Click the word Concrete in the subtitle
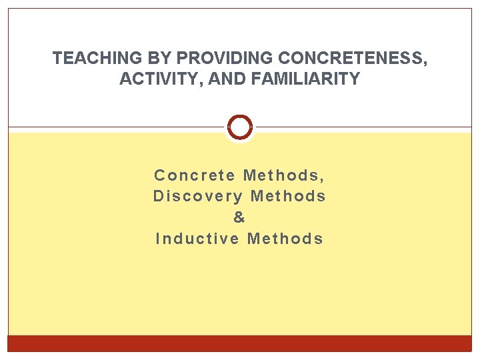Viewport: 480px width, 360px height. [195, 175]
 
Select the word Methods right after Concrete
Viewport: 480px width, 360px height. [280, 175]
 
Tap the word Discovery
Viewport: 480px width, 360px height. [199, 197]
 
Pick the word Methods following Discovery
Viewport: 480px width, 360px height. [288, 197]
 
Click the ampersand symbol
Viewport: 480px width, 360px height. [239, 218]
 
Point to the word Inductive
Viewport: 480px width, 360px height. [197, 239]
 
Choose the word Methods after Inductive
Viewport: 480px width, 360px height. [285, 239]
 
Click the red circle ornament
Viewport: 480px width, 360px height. [240, 127]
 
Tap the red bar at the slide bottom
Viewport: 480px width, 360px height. [240, 343]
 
